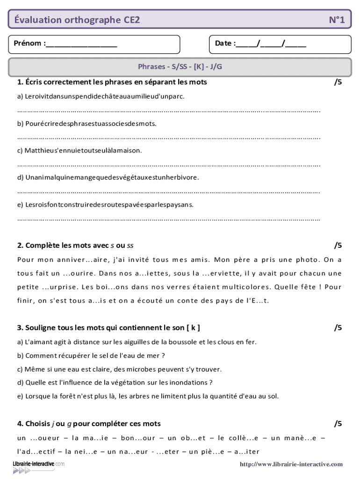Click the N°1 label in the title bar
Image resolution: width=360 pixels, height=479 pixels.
[x=336, y=20]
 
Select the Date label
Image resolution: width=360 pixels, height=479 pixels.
[x=225, y=44]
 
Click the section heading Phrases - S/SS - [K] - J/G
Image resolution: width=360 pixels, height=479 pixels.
[x=180, y=66]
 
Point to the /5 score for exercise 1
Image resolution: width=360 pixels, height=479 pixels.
[x=338, y=82]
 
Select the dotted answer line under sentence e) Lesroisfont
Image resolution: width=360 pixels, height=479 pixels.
[x=168, y=218]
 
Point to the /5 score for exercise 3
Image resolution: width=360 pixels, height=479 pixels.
[x=338, y=327]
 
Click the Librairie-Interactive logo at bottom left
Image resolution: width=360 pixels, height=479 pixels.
[x=37, y=466]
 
